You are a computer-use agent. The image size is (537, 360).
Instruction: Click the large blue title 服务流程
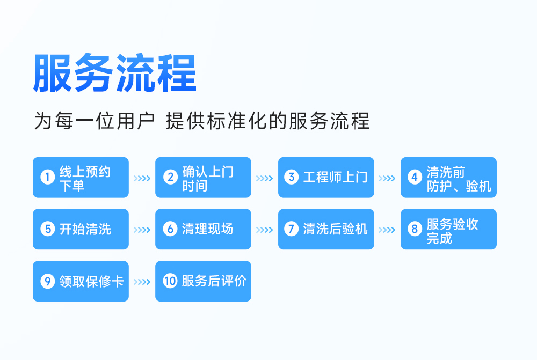114,73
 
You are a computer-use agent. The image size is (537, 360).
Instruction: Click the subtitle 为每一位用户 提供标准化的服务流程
202,121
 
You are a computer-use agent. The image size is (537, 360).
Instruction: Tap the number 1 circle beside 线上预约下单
48,177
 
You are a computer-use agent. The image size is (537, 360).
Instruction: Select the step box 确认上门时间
203,177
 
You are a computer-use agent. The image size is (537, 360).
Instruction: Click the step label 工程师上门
335,177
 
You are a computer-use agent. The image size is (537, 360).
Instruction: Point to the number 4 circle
415,177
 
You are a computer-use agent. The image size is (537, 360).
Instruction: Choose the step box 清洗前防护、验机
448,177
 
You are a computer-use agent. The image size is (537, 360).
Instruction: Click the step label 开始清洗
85,229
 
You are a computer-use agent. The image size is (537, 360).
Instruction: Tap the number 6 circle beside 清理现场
170,229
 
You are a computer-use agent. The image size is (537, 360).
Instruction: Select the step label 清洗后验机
335,229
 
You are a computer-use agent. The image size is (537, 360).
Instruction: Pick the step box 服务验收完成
448,229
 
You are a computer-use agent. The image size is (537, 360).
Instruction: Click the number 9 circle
48,281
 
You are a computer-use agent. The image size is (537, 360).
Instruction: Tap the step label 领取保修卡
91,281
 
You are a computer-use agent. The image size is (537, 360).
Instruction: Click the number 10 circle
170,281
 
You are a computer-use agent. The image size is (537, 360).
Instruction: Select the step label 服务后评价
214,281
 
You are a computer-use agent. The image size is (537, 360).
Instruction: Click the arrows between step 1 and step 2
142,178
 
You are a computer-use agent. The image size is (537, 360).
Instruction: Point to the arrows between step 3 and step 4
387,178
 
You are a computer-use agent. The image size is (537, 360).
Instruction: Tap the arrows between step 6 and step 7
264,230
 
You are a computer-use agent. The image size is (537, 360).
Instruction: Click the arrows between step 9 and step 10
142,282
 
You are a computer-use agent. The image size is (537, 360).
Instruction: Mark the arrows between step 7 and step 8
387,230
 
